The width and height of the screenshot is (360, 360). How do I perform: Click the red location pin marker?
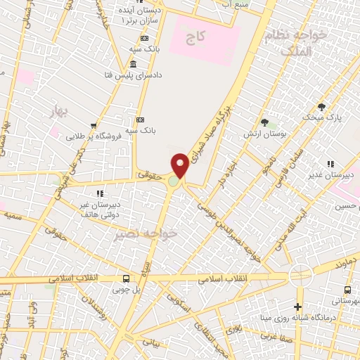(181, 165)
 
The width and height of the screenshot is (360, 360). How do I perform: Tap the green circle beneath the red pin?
(173, 182)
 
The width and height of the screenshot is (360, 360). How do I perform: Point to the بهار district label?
(63, 110)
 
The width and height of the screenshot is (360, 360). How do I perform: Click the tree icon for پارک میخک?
(322, 108)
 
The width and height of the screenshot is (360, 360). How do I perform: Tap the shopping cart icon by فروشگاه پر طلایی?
(94, 126)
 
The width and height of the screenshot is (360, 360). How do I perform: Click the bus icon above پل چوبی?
(126, 279)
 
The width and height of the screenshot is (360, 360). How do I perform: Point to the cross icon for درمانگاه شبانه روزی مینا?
(298, 307)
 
